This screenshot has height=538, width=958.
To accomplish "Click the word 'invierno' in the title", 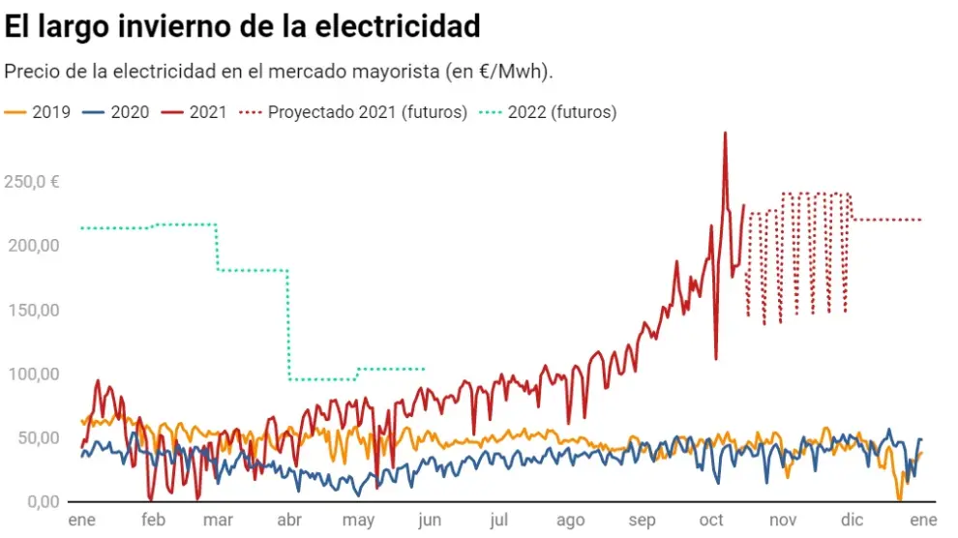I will coord(172,26).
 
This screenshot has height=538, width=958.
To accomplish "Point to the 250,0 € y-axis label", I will coord(32,182).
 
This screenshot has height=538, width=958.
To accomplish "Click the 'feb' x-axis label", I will coord(153,521).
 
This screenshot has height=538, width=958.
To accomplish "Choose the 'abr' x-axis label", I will coord(289,521).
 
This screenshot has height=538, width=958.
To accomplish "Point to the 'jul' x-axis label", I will coord(499,521).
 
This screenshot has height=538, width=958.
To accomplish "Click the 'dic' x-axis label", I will coord(852,521).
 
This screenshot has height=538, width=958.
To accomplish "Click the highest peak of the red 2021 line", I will coord(725,134).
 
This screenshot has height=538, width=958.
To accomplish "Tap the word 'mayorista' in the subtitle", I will coord(412,73).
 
